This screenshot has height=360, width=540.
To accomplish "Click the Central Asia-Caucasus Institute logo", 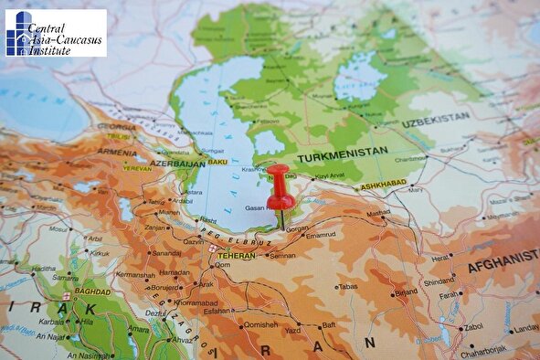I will [55, 33].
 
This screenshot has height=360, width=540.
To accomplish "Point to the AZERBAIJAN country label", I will [177, 163].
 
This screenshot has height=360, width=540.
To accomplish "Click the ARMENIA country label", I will [119, 152].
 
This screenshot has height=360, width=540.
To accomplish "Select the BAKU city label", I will [217, 163].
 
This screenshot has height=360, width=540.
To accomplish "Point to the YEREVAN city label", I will [137, 168].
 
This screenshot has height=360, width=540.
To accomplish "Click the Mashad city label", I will [378, 213].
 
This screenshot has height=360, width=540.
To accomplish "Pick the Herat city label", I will [441, 258].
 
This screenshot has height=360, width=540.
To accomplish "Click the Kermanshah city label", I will [134, 274].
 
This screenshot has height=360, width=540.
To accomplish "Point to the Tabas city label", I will [348, 286].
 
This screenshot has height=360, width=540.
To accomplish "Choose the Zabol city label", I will [473, 326].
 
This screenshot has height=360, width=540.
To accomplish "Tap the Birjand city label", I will [406, 292].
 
